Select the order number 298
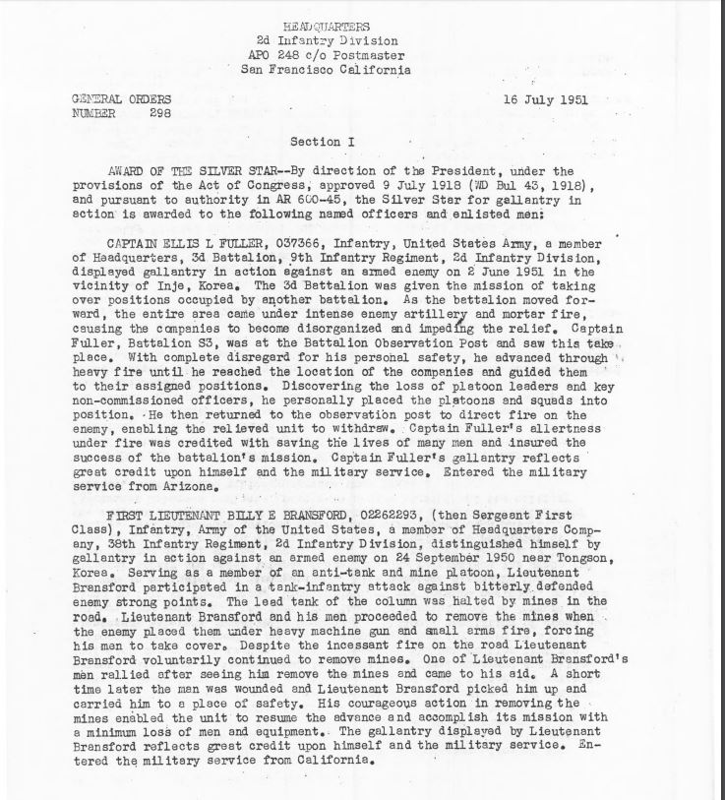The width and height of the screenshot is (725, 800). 158,112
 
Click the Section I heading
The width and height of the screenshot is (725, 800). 323,143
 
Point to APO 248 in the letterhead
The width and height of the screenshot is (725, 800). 283,55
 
